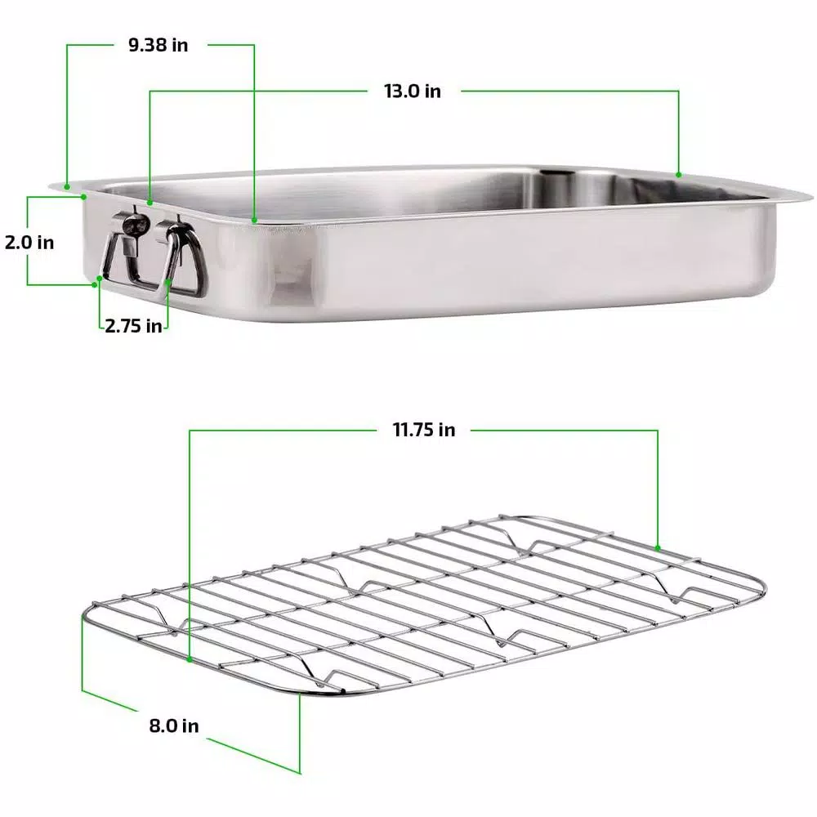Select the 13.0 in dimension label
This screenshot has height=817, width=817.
(x=413, y=91)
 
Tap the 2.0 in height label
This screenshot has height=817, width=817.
(x=29, y=243)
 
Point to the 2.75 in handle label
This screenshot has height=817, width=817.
(x=133, y=325)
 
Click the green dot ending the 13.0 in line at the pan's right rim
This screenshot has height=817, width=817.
(x=678, y=174)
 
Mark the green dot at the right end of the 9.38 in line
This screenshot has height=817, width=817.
(x=254, y=219)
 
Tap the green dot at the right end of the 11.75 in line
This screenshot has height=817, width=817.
(x=658, y=548)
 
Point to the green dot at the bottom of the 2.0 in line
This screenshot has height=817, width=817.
(x=100, y=279)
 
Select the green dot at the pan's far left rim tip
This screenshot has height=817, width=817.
(x=67, y=187)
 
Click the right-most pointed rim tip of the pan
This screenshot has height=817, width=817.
(x=810, y=196)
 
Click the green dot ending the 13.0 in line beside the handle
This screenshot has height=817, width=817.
(x=150, y=201)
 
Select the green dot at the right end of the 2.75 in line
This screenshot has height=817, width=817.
(x=169, y=282)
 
